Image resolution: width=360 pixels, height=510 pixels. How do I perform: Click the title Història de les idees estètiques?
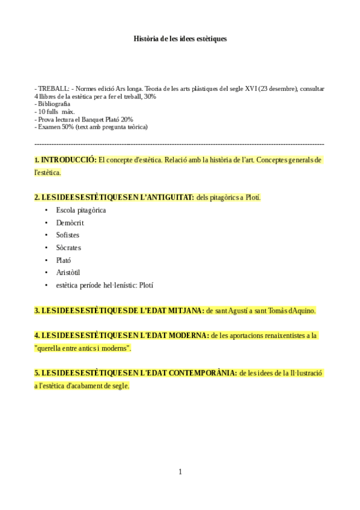tap(180, 38)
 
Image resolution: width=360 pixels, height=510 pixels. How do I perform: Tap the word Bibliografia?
tap(53, 104)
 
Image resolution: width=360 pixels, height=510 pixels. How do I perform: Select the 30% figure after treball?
tap(150, 96)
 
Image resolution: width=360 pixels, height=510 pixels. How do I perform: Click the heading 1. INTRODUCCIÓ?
tap(66, 160)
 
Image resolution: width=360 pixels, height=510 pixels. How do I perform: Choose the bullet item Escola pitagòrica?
tap(81, 210)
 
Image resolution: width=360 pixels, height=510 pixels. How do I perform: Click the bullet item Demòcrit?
tap(70, 223)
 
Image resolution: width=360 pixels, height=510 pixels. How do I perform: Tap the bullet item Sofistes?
tap(68, 235)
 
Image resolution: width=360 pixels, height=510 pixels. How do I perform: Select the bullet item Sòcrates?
tap(69, 248)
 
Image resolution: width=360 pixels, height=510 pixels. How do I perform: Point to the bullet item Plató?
tap(64, 260)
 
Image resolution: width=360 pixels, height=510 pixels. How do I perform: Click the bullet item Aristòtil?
tap(68, 272)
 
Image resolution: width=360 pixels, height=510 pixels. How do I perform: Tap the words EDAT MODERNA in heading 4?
tap(177, 335)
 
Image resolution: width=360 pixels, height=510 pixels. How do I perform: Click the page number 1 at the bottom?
tap(180, 472)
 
